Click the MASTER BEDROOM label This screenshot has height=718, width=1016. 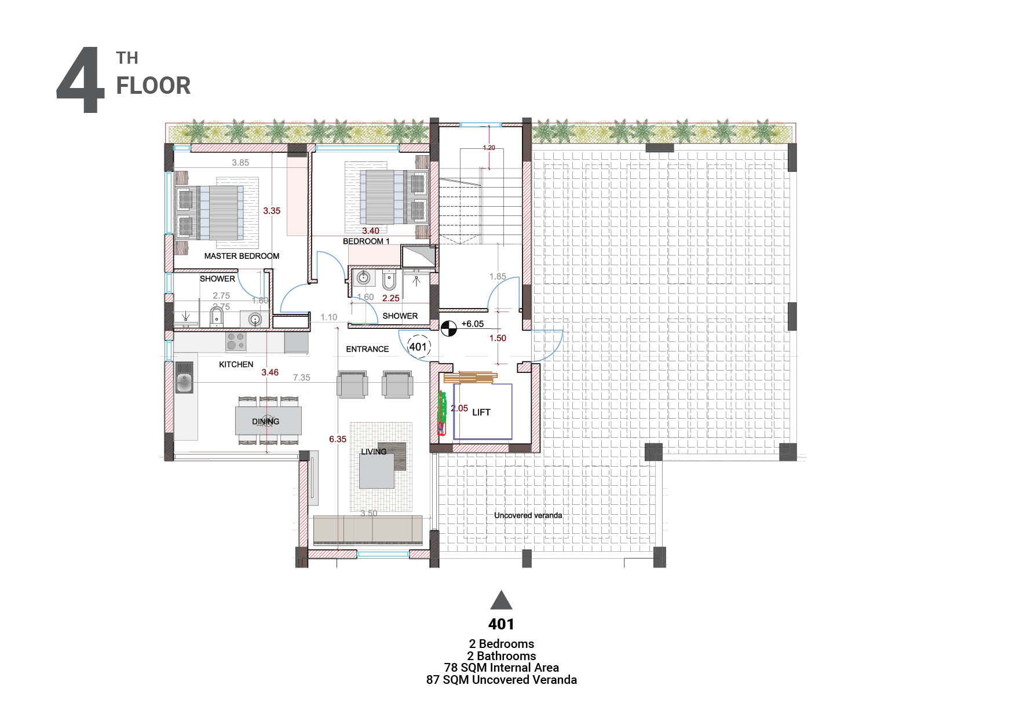pyautogui.click(x=242, y=256)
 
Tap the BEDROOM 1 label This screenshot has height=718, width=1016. pyautogui.click(x=366, y=241)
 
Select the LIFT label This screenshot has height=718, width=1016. pyautogui.click(x=481, y=412)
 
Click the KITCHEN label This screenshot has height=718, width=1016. pyautogui.click(x=236, y=364)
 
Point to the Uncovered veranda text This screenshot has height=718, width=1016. pyautogui.click(x=528, y=515)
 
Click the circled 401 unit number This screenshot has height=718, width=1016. pyautogui.click(x=418, y=347)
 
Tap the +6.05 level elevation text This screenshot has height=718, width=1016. pyautogui.click(x=472, y=324)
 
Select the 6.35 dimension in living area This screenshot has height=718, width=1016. pyautogui.click(x=338, y=439)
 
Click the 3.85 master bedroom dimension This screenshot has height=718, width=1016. pyautogui.click(x=240, y=163)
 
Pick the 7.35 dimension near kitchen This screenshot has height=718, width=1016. pyautogui.click(x=301, y=378)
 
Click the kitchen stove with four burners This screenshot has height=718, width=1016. pyautogui.click(x=236, y=341)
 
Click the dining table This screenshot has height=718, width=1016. pyautogui.click(x=268, y=421)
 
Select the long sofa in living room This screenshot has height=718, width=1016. pyautogui.click(x=367, y=529)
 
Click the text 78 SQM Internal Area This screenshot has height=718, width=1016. pyautogui.click(x=501, y=668)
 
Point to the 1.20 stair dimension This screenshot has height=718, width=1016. pyautogui.click(x=489, y=148)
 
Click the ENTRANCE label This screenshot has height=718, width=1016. pyautogui.click(x=367, y=349)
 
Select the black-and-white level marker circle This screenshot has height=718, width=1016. pyautogui.click(x=448, y=329)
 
